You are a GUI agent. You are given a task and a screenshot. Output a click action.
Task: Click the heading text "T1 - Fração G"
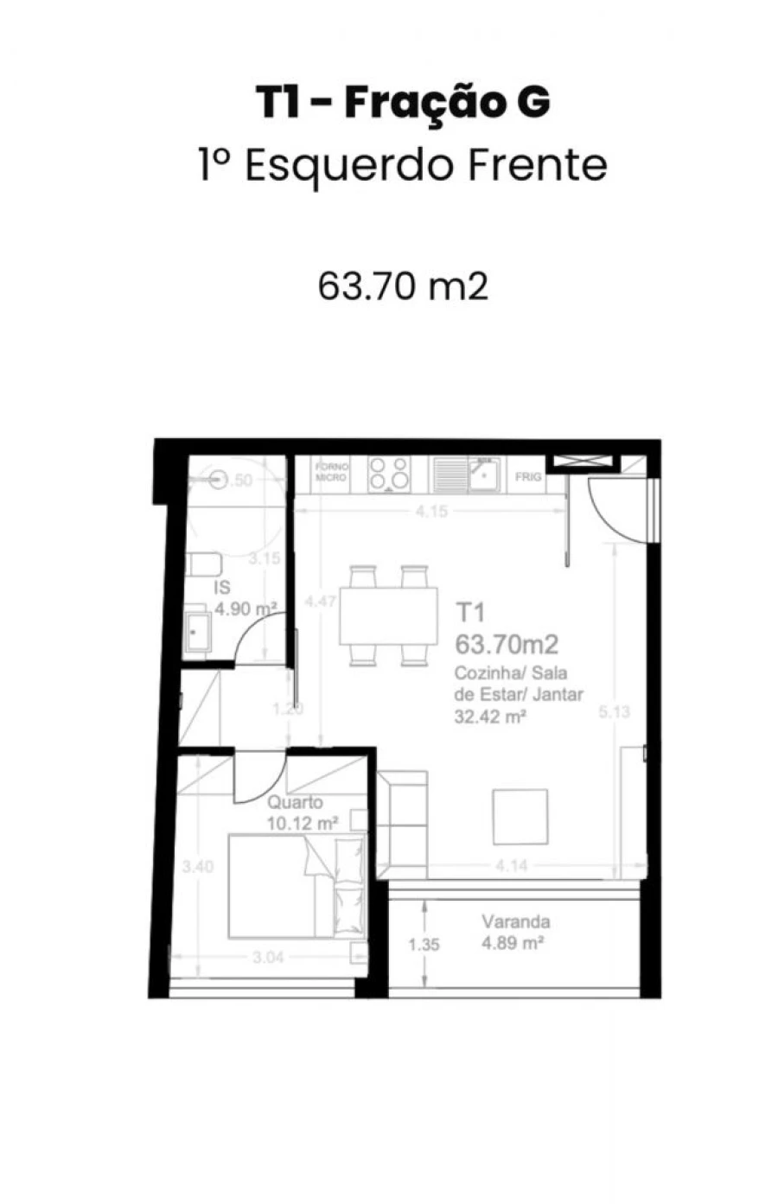403,103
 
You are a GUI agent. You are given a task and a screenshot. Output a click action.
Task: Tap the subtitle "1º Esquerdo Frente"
403,165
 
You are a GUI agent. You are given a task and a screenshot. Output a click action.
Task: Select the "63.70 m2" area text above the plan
403,286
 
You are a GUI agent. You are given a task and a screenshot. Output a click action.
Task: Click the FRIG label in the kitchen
527,476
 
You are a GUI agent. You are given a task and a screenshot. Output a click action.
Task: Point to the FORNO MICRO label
331,472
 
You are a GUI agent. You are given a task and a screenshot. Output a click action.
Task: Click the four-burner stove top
389,474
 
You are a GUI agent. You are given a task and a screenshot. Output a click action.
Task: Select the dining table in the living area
389,615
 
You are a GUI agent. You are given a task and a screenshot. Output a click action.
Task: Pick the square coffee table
520,817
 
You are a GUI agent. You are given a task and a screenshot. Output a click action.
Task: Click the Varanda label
516,921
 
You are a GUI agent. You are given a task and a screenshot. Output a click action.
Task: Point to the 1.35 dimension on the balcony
424,945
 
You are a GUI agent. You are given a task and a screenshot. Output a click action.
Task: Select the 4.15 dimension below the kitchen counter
431,512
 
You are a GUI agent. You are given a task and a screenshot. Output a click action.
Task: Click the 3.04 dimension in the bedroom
269,957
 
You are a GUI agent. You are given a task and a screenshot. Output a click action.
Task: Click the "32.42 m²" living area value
490,716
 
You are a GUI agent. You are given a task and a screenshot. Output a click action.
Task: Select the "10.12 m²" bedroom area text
302,823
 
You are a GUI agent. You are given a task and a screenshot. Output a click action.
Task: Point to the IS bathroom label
222,588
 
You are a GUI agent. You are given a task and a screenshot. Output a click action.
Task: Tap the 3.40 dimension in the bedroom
199,867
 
